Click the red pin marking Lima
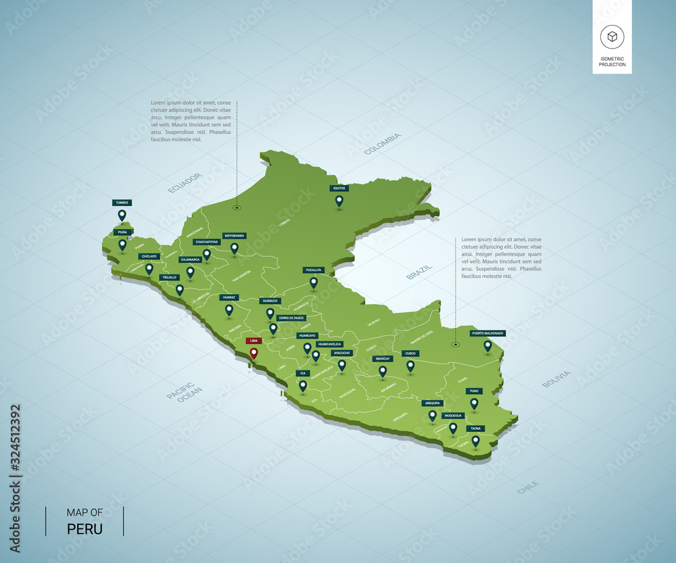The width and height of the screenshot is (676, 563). pyautogui.click(x=254, y=353)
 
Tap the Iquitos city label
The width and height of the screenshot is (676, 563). pyautogui.click(x=339, y=189)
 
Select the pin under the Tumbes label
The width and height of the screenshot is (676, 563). pyautogui.click(x=122, y=215)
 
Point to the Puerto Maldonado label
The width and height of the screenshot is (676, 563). pyautogui.click(x=488, y=333)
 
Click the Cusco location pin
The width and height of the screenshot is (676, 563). pyautogui.click(x=410, y=366)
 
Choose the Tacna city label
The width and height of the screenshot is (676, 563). pyautogui.click(x=476, y=428)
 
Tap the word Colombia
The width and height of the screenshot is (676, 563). pyautogui.click(x=383, y=144)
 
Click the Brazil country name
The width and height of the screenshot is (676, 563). pyautogui.click(x=419, y=272)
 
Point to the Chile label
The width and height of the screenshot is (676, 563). pyautogui.click(x=528, y=487)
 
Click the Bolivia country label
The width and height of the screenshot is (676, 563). pyautogui.click(x=556, y=379)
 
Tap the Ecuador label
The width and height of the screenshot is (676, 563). pyautogui.click(x=185, y=183)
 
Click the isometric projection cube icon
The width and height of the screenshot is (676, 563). pyautogui.click(x=612, y=37)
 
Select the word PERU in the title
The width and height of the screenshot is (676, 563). pyautogui.click(x=85, y=529)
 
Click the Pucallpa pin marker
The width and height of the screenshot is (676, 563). pyautogui.click(x=314, y=283)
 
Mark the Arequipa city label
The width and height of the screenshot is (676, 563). pyautogui.click(x=432, y=403)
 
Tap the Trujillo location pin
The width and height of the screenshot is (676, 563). pyautogui.click(x=179, y=290)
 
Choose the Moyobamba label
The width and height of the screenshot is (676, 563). pyautogui.click(x=234, y=236)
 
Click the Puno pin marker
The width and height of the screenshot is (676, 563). pyautogui.click(x=475, y=403)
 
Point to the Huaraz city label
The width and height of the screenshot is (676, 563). pyautogui.click(x=229, y=297)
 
